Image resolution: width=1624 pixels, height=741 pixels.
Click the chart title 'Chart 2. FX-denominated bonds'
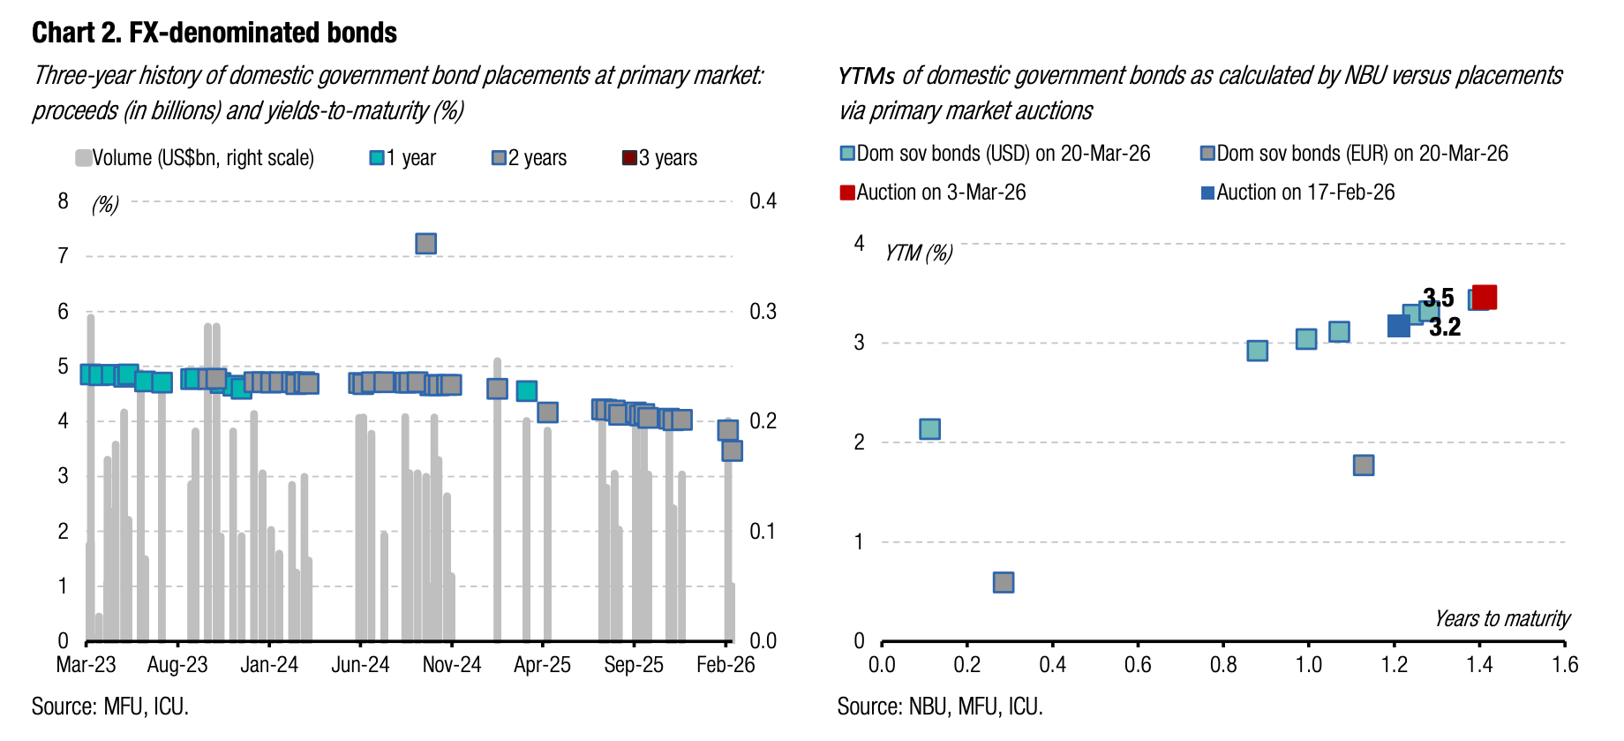pos(214,33)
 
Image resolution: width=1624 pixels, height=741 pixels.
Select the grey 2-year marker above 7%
pos(425,244)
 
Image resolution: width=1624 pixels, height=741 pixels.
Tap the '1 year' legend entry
pos(402,158)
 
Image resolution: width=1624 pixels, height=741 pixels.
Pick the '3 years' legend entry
pos(659,158)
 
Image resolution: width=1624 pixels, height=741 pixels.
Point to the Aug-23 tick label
pos(177,665)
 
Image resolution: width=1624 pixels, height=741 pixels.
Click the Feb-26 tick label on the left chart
pos(726,665)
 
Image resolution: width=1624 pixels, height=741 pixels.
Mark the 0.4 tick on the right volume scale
pos(763,201)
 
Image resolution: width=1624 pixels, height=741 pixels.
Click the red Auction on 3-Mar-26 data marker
pos(1485,298)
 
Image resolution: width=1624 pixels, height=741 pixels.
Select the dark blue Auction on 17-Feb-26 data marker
pos(1398,326)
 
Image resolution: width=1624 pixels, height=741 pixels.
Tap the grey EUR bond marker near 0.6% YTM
pos(1003,582)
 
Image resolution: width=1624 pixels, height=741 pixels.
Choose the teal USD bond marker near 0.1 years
pos(929,429)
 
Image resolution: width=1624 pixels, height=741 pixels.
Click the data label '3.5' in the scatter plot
pos(1438,298)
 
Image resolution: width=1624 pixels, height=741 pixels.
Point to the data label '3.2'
pos(1445,327)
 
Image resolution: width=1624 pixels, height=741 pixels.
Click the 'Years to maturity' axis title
pos(1501,618)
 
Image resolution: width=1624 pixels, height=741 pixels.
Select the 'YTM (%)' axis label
pos(918,253)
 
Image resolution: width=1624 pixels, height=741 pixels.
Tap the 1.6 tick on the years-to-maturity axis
pos(1565,665)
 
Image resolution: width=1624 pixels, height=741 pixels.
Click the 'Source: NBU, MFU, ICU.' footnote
pos(940,707)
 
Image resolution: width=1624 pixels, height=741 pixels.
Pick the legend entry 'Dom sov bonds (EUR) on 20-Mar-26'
pos(1354,154)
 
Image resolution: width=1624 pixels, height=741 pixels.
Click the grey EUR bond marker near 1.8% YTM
pos(1363,465)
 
